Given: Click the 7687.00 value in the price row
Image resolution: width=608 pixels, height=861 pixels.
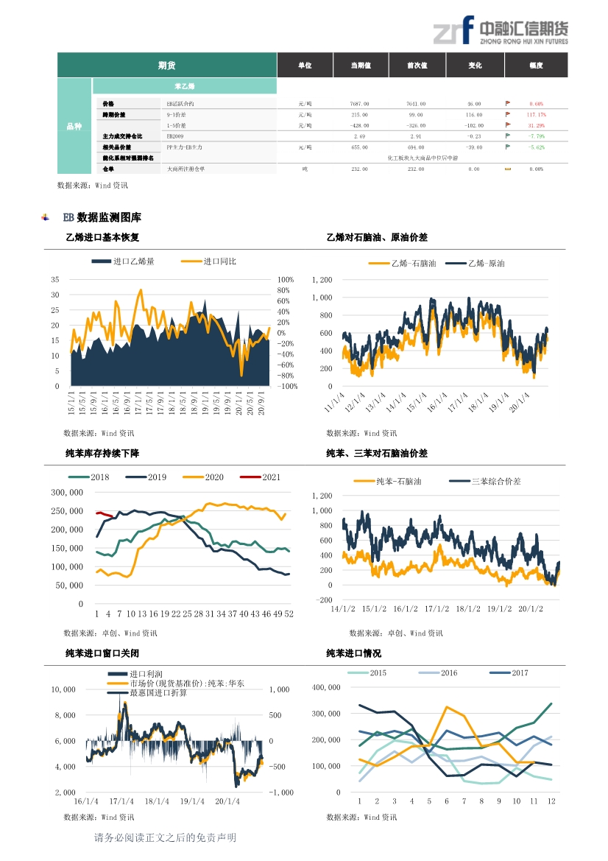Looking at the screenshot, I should click(x=359, y=105).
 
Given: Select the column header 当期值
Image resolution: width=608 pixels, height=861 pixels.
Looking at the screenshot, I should click(x=361, y=66).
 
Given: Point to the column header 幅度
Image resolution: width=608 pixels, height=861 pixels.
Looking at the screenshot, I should click(x=535, y=66).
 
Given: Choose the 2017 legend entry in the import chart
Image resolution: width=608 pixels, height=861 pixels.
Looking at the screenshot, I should click(x=519, y=673).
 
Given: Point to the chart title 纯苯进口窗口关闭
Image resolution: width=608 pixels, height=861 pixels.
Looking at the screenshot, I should click(x=102, y=653).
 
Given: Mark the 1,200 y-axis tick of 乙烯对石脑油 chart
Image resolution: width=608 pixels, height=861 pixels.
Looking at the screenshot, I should click(x=322, y=280).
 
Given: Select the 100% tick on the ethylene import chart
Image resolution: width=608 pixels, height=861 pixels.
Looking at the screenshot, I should click(x=286, y=280).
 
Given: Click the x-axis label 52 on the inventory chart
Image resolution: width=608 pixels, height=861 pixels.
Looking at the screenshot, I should click(x=289, y=614).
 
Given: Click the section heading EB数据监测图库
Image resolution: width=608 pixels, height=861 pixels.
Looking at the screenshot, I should click(x=102, y=218).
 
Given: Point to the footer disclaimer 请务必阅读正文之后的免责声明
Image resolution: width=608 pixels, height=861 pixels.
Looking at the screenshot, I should click(x=166, y=837).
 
